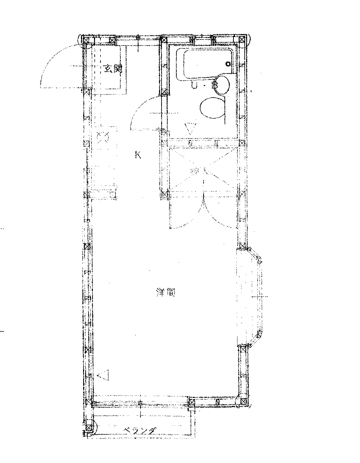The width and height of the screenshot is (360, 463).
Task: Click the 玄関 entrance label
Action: pyautogui.click(x=113, y=69)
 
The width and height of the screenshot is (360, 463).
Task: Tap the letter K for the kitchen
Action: pyautogui.click(x=138, y=155)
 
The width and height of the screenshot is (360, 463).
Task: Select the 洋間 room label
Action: pyautogui.click(x=166, y=292)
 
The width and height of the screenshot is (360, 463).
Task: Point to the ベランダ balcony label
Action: pyautogui.click(x=140, y=430)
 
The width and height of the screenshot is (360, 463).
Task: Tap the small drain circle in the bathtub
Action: pyautogui.click(x=228, y=64)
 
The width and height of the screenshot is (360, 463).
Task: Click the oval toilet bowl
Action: pyautogui.click(x=213, y=107)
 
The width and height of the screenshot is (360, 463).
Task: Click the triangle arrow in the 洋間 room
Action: pyautogui.click(x=104, y=375)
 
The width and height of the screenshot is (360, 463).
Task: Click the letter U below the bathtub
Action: pyautogui.click(x=194, y=86)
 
